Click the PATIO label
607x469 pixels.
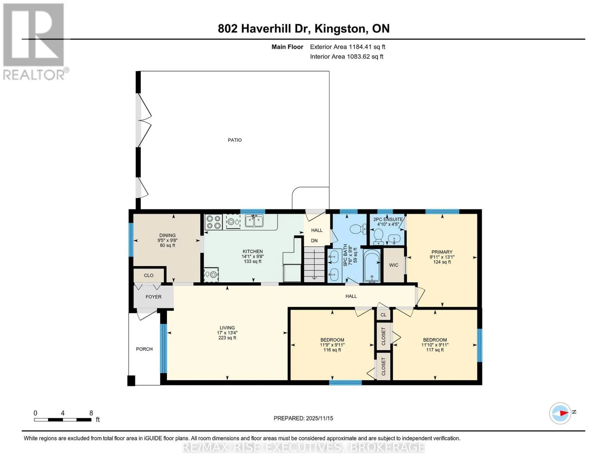[235, 140]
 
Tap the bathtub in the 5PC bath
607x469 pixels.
[372, 265]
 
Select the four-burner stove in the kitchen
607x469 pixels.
[213, 222]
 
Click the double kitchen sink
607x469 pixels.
[254, 221]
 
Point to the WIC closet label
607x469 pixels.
[394, 265]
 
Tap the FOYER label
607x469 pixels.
[153, 297]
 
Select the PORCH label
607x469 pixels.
[144, 349]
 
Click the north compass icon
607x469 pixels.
[560, 413]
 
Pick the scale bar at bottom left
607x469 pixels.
[63, 419]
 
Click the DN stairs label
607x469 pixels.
[314, 240]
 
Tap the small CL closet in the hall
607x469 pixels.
[383, 315]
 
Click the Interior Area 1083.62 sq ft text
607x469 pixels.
[346, 56]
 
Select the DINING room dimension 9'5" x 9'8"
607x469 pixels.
[167, 240]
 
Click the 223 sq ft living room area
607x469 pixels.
[227, 338]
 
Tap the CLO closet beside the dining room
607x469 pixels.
[149, 276]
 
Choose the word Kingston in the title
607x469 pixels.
[340, 29]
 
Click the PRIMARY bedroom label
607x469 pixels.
[442, 252]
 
